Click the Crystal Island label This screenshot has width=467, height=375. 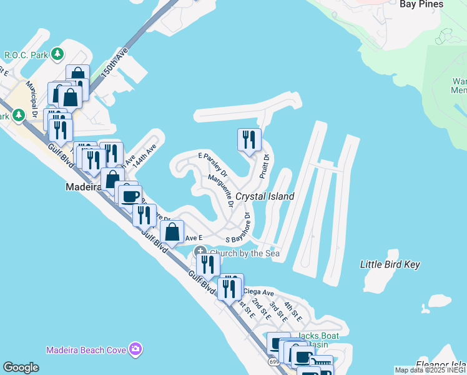(x=264, y=196)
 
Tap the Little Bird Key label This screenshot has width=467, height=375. (x=390, y=264)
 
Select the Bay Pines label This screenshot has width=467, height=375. (x=421, y=4)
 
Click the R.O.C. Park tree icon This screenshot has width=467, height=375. (x=58, y=54)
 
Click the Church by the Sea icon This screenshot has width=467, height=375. (x=201, y=253)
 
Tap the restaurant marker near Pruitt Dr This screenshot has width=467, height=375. (x=249, y=139)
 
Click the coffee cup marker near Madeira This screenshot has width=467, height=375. (x=130, y=196)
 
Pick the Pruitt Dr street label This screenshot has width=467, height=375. (x=264, y=167)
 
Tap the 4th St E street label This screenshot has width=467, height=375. (x=293, y=311)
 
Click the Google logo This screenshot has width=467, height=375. (x=21, y=367)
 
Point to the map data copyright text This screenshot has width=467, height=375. (x=430, y=370)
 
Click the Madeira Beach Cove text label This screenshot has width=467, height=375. (x=86, y=349)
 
